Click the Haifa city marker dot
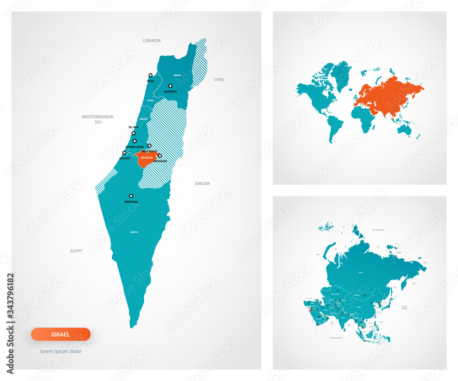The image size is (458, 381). [x=150, y=75]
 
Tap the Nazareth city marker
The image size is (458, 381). [x=170, y=86]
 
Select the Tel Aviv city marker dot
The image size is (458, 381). [x=134, y=133]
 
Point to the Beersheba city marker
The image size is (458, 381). [x=131, y=196]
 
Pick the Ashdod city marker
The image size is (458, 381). [x=124, y=153]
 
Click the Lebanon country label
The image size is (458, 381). [x=152, y=41]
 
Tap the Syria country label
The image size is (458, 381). [x=219, y=80]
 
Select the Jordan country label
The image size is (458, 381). [x=202, y=183]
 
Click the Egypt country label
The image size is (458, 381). [x=76, y=251]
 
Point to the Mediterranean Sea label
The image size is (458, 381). [x=98, y=119]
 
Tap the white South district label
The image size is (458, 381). [x=134, y=232]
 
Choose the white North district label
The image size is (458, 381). [x=177, y=75]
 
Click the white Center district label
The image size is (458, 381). [x=143, y=119]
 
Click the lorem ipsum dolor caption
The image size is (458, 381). [x=61, y=351]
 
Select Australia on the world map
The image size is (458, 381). [x=405, y=130]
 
